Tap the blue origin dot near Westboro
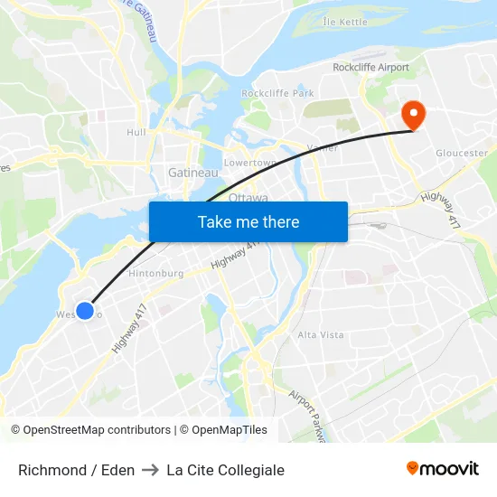85,311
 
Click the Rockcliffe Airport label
370,68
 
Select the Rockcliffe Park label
277,93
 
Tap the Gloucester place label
462,154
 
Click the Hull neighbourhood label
136,132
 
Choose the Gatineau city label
192,172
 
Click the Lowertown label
249,163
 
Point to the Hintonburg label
156,273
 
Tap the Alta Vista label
321,334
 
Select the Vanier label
323,148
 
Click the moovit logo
443,469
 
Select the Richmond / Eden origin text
77,470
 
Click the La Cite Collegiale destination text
226,470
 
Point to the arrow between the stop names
151,470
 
